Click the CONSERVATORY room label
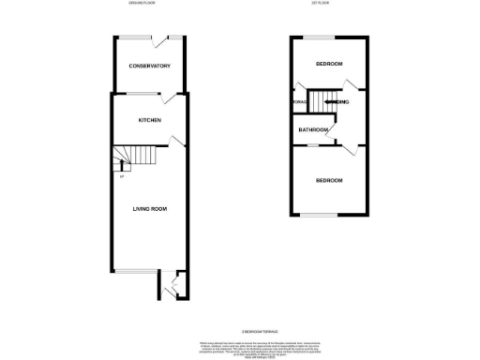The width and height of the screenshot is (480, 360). point(150,66)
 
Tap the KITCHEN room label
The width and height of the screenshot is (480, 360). point(150,120)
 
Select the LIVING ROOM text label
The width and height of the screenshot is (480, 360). point(150,209)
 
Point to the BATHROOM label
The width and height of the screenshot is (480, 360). point(313,129)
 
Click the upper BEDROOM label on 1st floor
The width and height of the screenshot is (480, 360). point(328,64)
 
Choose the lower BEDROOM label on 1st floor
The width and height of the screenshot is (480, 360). point(328,180)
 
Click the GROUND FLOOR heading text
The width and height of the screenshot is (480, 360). point(143,5)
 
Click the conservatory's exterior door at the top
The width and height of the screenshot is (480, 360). point(172,39)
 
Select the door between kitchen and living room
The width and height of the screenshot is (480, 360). point(175,142)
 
